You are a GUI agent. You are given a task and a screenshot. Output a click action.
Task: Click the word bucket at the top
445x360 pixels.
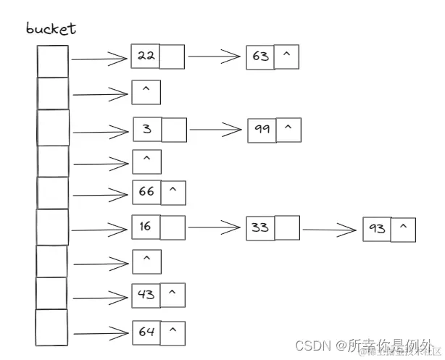(x=51, y=29)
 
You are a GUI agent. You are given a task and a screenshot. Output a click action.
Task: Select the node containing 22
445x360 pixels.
(x=146, y=56)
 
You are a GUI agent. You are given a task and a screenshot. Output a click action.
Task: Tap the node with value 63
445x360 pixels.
(x=259, y=56)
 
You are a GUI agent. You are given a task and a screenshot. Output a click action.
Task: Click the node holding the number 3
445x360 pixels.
(x=147, y=130)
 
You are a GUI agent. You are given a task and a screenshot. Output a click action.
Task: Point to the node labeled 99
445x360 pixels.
(x=262, y=130)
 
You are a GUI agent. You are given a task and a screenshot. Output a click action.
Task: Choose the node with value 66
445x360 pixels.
(x=146, y=192)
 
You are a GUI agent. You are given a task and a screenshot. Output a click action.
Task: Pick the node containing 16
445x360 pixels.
(x=146, y=227)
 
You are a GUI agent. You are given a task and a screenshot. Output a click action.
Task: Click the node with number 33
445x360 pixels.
(x=260, y=227)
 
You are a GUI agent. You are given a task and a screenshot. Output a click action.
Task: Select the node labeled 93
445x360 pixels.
(x=378, y=230)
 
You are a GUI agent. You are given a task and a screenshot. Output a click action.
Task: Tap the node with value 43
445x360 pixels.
(x=146, y=295)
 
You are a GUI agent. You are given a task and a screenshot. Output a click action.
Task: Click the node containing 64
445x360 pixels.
(x=146, y=332)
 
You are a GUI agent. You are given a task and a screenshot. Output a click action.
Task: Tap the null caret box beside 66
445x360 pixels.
(x=172, y=192)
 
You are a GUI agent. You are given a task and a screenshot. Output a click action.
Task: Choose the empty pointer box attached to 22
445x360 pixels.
(x=172, y=56)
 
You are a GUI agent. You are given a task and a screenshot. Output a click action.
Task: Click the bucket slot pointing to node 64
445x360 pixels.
(x=51, y=327)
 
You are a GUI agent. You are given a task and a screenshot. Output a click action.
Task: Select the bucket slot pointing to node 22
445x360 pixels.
(x=53, y=61)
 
